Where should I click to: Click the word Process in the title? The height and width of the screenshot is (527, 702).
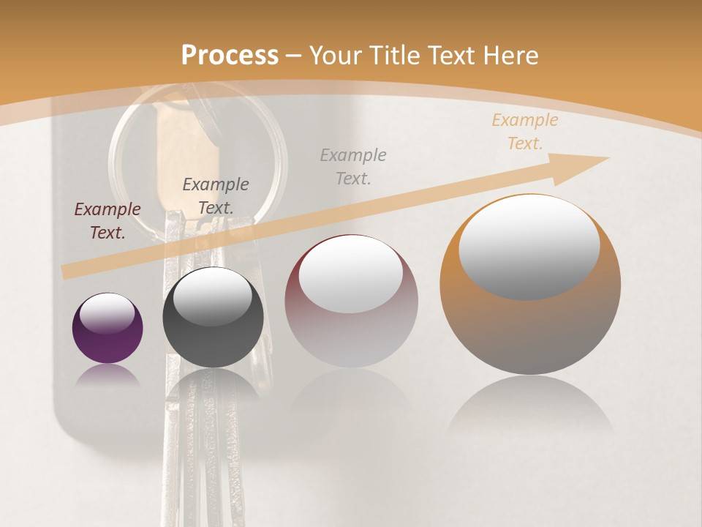click(x=230, y=56)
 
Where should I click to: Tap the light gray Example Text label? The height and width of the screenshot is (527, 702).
click(x=353, y=166)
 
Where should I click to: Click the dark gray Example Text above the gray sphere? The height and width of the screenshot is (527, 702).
click(x=216, y=196)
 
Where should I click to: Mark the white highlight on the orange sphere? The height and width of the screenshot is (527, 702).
click(x=529, y=247)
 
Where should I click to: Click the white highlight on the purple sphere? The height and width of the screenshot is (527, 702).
click(x=107, y=313)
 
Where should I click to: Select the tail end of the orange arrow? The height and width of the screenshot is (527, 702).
click(x=69, y=271)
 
